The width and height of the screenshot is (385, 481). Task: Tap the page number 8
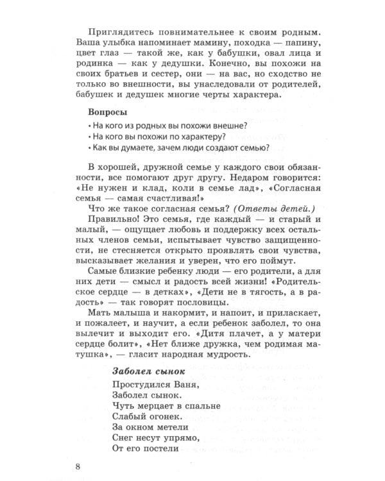(x=78, y=466)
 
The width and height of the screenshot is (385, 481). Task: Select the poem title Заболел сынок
(x=149, y=370)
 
